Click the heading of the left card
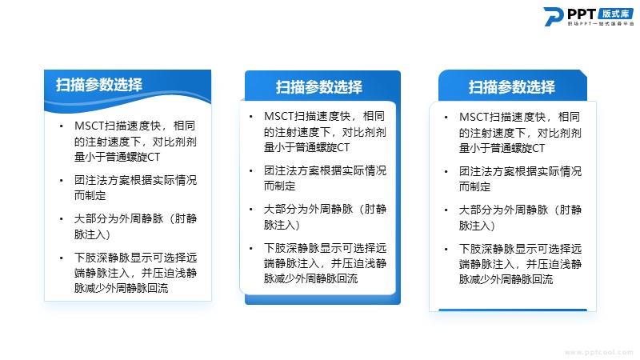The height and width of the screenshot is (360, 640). coord(99,85)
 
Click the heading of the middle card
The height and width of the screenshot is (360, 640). coord(318,87)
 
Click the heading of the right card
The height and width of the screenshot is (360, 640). coord(512,87)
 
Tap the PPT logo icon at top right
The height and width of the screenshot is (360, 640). coord(554,17)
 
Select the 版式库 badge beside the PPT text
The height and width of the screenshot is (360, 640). coord(616,14)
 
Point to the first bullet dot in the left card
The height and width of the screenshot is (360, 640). coord(62,126)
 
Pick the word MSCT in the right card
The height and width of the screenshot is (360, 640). coord(474,117)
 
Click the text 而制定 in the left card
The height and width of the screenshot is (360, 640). coord(90,195)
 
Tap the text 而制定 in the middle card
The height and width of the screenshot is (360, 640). coord(279,186)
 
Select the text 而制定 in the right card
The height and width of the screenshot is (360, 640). coord(474,187)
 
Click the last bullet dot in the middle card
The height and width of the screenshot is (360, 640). coord(251,249)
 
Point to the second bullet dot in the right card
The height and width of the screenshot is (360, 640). coord(446,172)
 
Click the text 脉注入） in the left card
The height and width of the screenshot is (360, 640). coord(92,234)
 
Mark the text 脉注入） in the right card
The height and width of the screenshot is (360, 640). coord(477,226)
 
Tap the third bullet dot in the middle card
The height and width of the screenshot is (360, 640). coord(251,210)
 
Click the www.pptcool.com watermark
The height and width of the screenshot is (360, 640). coord(598,352)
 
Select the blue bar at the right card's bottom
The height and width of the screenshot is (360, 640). coord(513,310)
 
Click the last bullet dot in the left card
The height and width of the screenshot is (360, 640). coord(62,258)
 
